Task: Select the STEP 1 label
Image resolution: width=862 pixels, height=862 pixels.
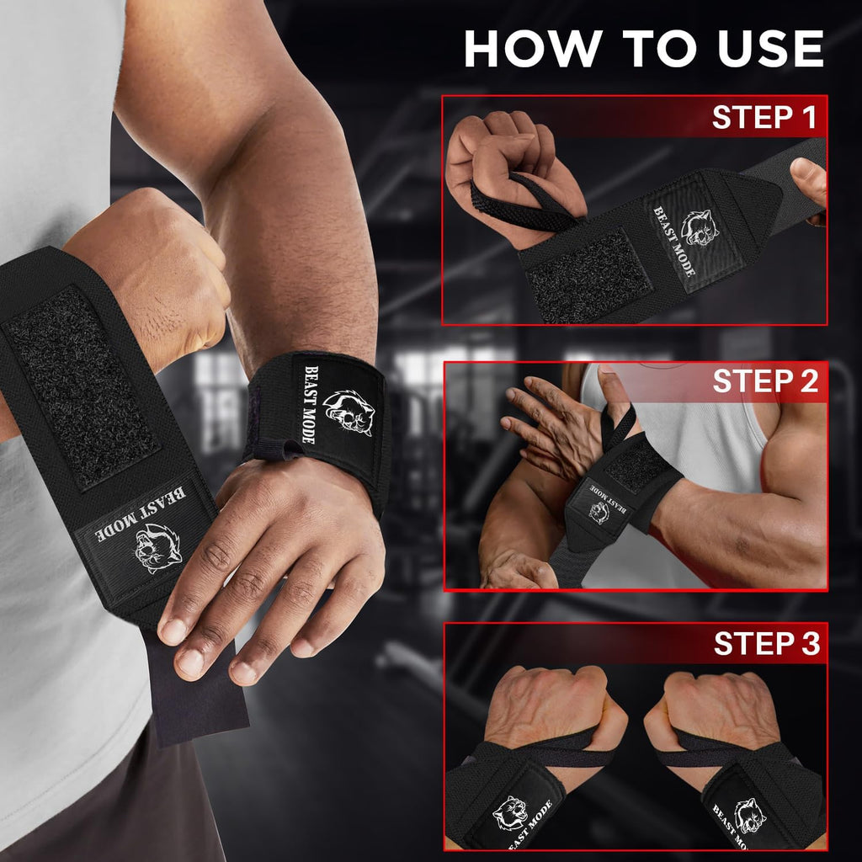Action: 764,118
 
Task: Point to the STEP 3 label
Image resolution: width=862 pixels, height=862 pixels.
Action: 765,644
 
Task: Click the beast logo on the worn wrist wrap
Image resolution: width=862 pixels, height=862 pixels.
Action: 348,412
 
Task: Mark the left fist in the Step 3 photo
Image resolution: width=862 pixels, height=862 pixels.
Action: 547,707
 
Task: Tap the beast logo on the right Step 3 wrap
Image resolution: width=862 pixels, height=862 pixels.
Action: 749,815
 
